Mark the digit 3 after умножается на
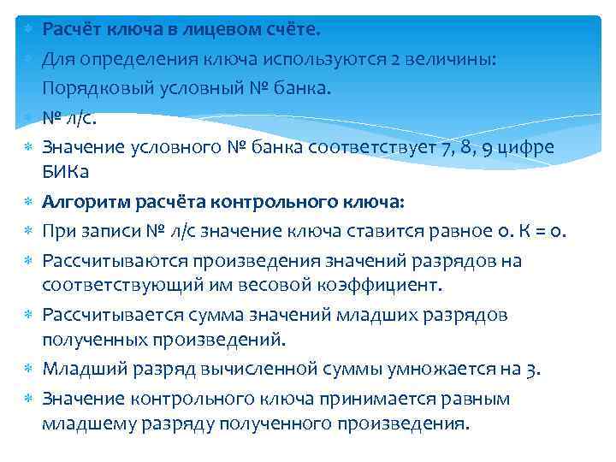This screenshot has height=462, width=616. pos(532,370)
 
